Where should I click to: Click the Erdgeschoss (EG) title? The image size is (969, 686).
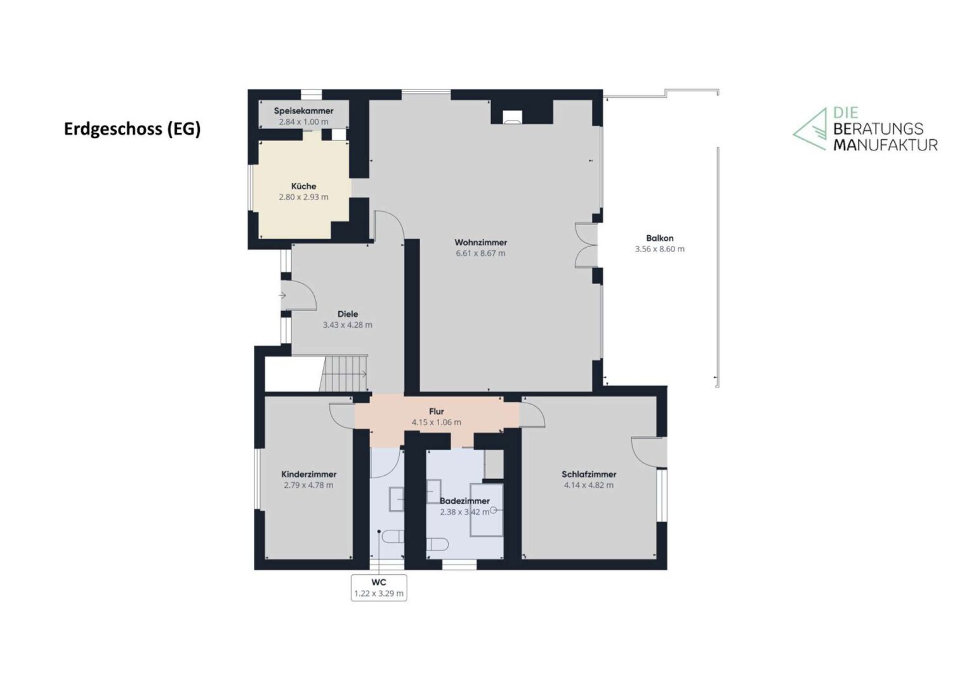pos(133,128)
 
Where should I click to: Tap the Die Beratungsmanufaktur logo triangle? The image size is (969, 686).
pos(810,129)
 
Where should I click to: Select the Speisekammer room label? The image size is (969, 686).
pos(303,111)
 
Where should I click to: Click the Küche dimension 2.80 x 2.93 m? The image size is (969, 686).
pos(303,197)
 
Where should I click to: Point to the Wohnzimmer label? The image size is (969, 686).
pos(480,242)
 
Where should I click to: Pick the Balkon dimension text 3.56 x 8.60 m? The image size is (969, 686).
pos(659,249)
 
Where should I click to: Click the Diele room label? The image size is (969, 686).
pos(347,314)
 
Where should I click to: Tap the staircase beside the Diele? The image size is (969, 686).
pos(343,373)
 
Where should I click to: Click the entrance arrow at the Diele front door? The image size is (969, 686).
pos(282,295)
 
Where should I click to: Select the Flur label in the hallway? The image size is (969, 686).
pos(436,412)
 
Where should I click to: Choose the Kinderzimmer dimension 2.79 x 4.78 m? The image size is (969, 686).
pos(308,485)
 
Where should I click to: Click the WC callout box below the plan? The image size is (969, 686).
pos(378,588)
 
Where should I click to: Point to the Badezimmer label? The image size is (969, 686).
pos(465,501)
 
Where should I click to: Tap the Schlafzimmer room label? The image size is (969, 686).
pos(589,474)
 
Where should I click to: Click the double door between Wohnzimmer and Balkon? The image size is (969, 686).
pos(586,245)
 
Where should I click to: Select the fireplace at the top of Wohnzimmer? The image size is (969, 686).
pos(512,116)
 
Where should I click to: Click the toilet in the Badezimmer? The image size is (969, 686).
pos(437,544)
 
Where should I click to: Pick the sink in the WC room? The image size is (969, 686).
pos(397,499)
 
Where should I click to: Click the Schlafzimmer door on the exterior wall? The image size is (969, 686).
pos(647,452)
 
